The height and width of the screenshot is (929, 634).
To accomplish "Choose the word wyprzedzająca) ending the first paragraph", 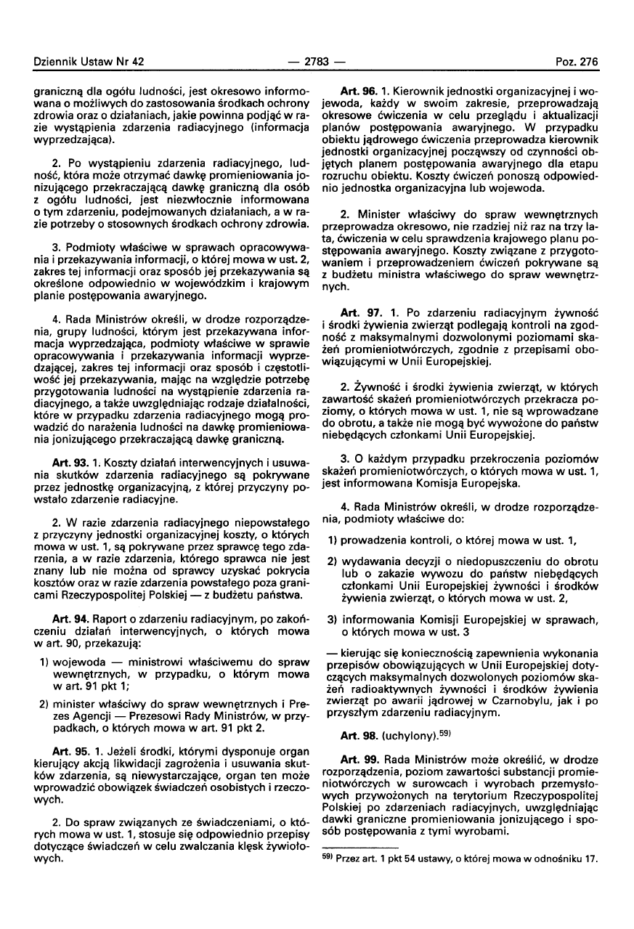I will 71,137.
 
